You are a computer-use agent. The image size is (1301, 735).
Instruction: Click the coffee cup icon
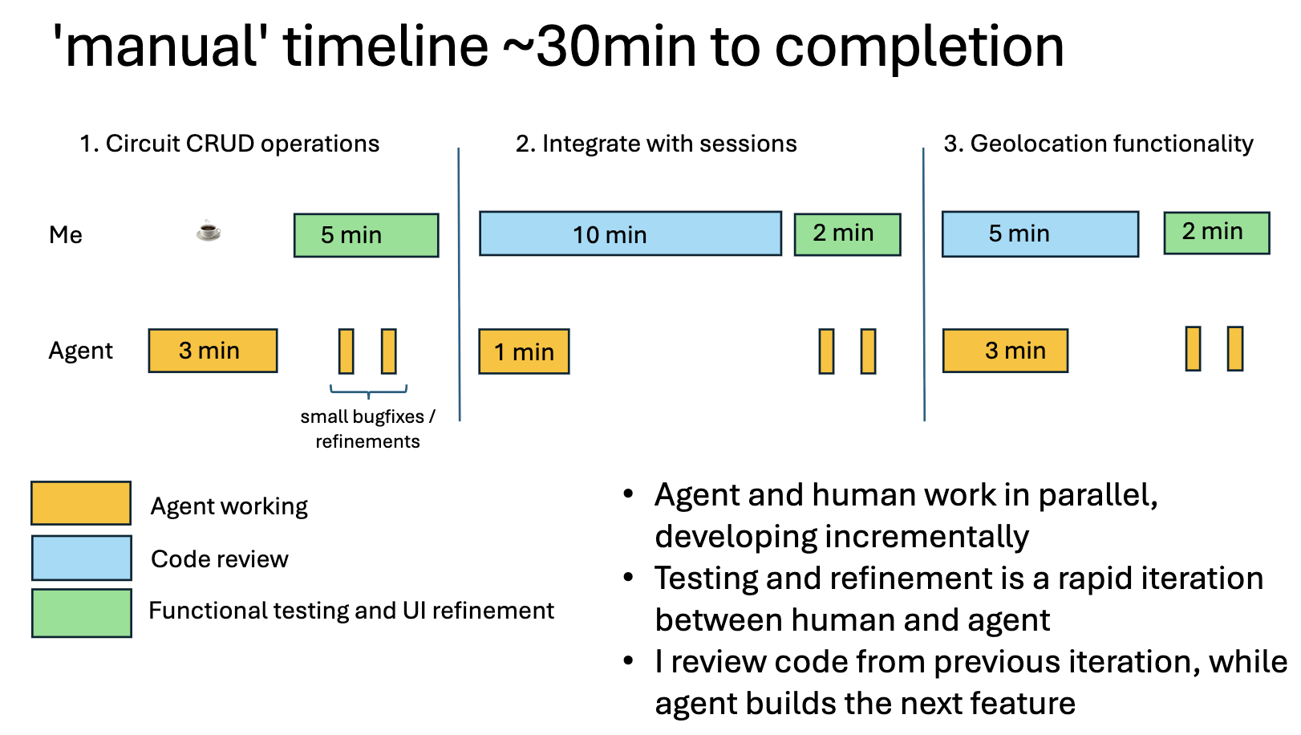209,231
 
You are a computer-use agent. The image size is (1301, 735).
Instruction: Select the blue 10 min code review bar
630,233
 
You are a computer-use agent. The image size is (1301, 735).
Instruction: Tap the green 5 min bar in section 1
366,235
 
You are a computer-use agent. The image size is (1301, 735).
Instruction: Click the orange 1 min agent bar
524,351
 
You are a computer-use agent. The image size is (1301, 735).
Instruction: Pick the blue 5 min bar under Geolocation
1040,233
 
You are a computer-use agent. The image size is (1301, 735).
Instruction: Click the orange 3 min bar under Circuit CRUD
213,351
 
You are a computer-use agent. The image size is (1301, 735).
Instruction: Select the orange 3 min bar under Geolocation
1005,351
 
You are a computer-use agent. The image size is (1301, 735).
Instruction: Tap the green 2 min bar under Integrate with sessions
847,233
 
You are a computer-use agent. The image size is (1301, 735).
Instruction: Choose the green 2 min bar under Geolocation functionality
1216,233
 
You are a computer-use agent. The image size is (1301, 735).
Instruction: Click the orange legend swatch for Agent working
81,503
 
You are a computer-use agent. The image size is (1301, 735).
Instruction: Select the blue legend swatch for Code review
81,558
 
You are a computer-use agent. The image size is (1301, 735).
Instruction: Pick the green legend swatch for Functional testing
81,613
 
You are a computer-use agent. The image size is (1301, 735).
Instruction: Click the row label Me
66,235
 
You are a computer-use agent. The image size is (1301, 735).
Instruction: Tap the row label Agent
80,351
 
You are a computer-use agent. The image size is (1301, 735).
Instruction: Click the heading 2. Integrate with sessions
656,144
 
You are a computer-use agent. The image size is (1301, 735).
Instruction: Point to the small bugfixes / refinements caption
367,428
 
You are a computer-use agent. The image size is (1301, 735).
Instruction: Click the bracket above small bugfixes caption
368,392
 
